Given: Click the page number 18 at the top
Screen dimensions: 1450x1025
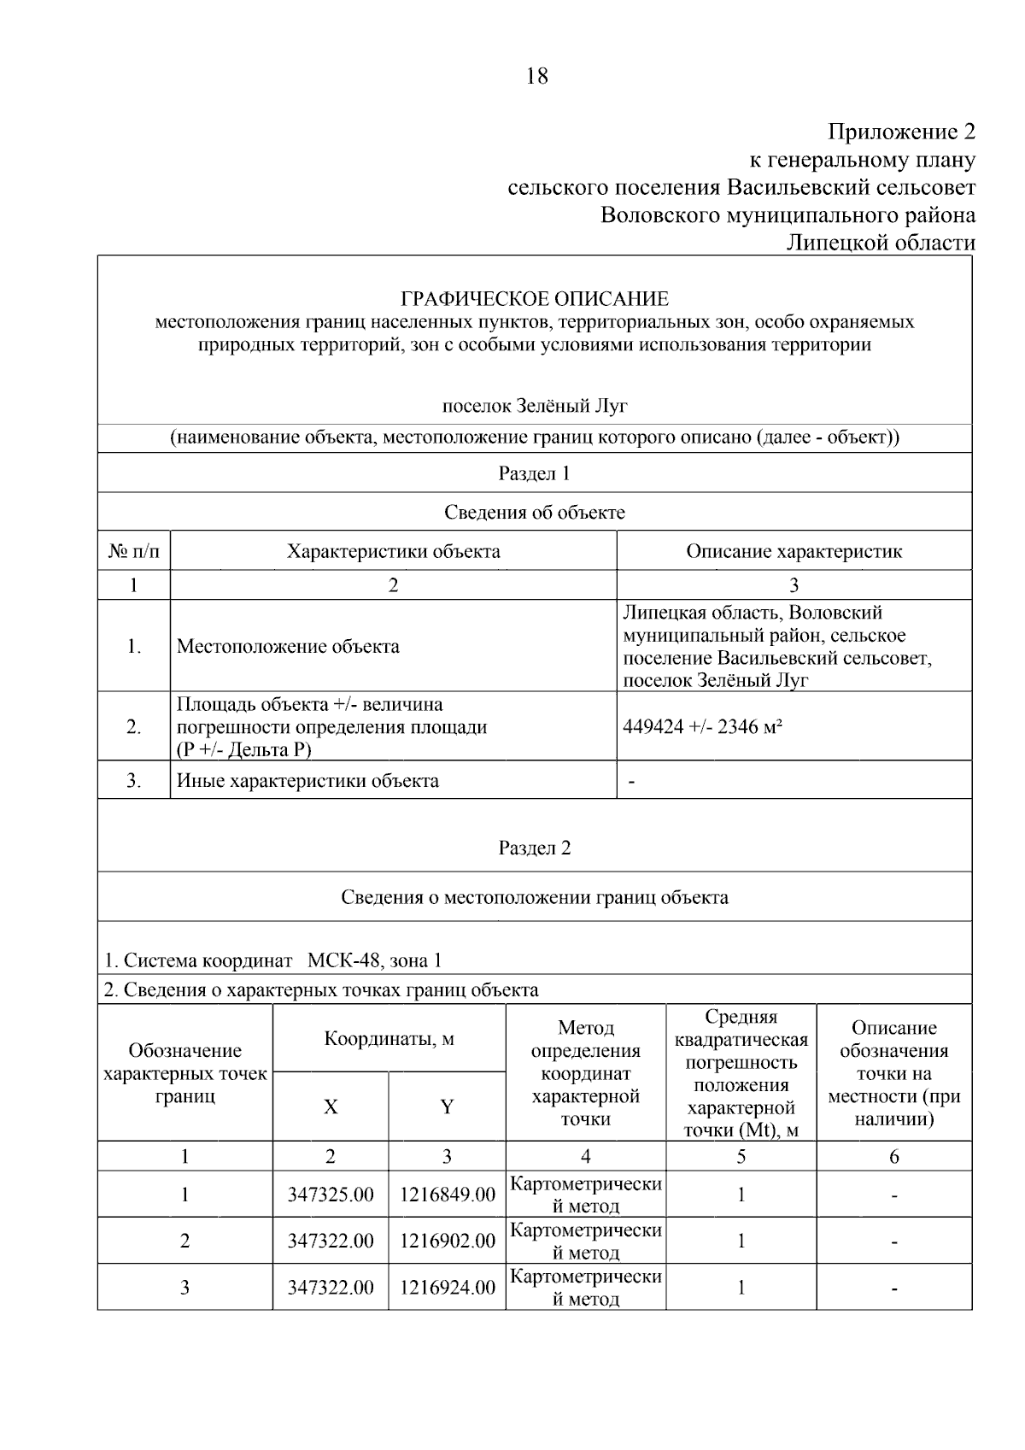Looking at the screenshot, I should click(536, 77).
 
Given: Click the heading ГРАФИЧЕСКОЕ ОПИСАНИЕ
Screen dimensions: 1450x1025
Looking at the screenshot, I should click(535, 299).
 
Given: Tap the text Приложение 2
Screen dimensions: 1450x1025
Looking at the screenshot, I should click(901, 132).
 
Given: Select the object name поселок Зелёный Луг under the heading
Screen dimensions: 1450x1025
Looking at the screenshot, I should click(535, 406).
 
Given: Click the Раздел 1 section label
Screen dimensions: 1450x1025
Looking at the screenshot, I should click(535, 473).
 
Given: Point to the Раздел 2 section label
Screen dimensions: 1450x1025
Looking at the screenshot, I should click(535, 848).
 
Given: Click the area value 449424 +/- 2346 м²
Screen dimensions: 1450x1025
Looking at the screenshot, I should click(704, 727).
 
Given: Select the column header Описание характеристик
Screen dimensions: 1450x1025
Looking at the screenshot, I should click(794, 551).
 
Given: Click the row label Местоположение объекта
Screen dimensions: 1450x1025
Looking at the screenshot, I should click(288, 647).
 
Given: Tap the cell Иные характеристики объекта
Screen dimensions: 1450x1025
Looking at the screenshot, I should click(307, 781).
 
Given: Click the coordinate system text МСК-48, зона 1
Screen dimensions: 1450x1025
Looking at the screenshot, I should click(374, 961).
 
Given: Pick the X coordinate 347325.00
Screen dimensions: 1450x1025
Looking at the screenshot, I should click(331, 1195).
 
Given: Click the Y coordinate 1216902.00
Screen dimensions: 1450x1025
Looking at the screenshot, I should click(447, 1242).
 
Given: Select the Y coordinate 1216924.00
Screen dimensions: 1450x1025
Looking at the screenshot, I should click(447, 1288).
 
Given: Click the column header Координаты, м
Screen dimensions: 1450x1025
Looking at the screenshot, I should click(389, 1040).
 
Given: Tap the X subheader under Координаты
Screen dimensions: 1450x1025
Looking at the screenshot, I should click(331, 1107).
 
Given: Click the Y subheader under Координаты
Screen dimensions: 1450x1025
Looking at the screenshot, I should click(447, 1107).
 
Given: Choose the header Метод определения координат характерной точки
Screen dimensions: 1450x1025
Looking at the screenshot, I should click(586, 1073).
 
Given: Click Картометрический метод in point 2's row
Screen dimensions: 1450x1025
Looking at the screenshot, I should click(586, 1242).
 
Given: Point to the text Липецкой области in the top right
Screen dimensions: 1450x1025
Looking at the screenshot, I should click(880, 244).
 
